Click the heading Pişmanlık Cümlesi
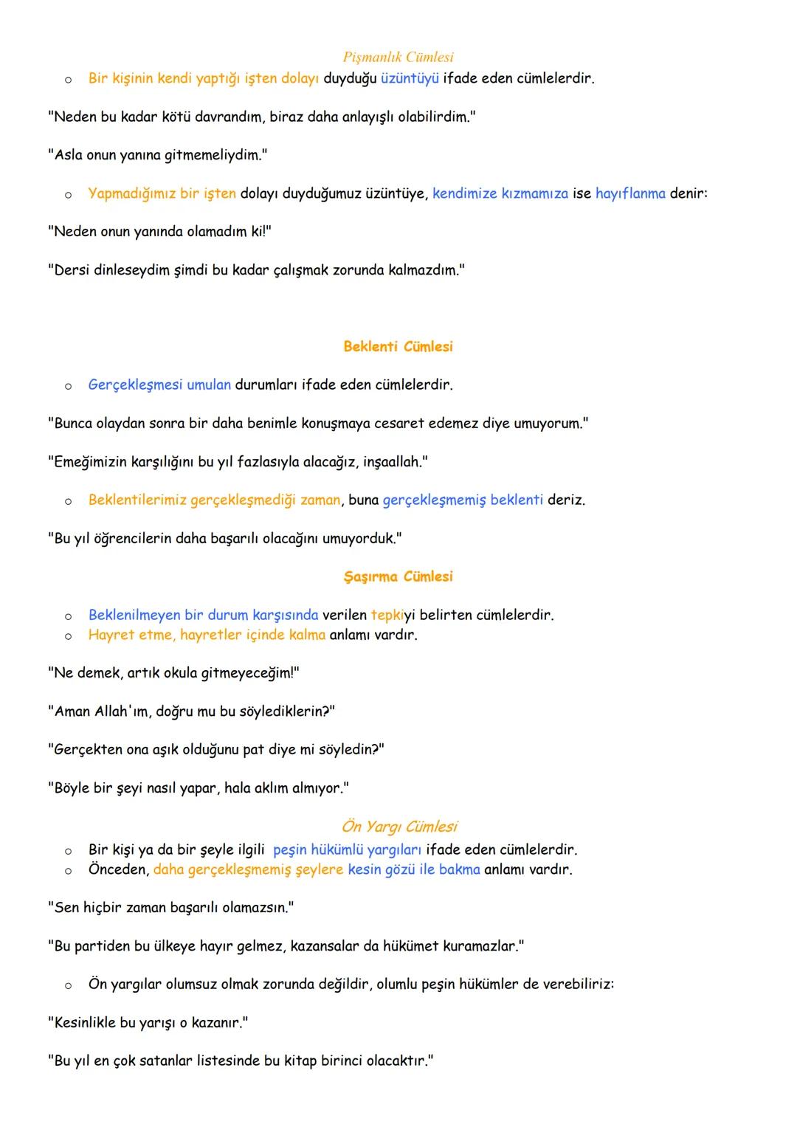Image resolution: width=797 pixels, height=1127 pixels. click(x=398, y=57)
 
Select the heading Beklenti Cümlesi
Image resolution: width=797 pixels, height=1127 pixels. click(x=398, y=346)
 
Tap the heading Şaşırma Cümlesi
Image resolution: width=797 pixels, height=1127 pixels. click(x=398, y=576)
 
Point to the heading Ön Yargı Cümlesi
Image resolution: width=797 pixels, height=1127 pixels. click(x=398, y=827)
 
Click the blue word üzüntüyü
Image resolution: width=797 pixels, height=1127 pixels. click(x=410, y=78)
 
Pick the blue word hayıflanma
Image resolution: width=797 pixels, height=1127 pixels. click(x=630, y=193)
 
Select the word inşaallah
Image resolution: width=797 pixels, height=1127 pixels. click(x=394, y=462)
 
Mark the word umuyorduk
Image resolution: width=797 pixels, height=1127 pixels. click(x=362, y=539)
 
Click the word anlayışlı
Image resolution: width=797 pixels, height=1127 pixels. click(x=368, y=117)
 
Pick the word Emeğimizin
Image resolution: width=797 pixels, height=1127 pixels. click(x=91, y=462)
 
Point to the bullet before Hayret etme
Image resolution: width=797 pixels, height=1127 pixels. click(x=67, y=635)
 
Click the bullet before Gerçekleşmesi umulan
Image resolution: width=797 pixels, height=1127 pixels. click(x=67, y=385)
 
